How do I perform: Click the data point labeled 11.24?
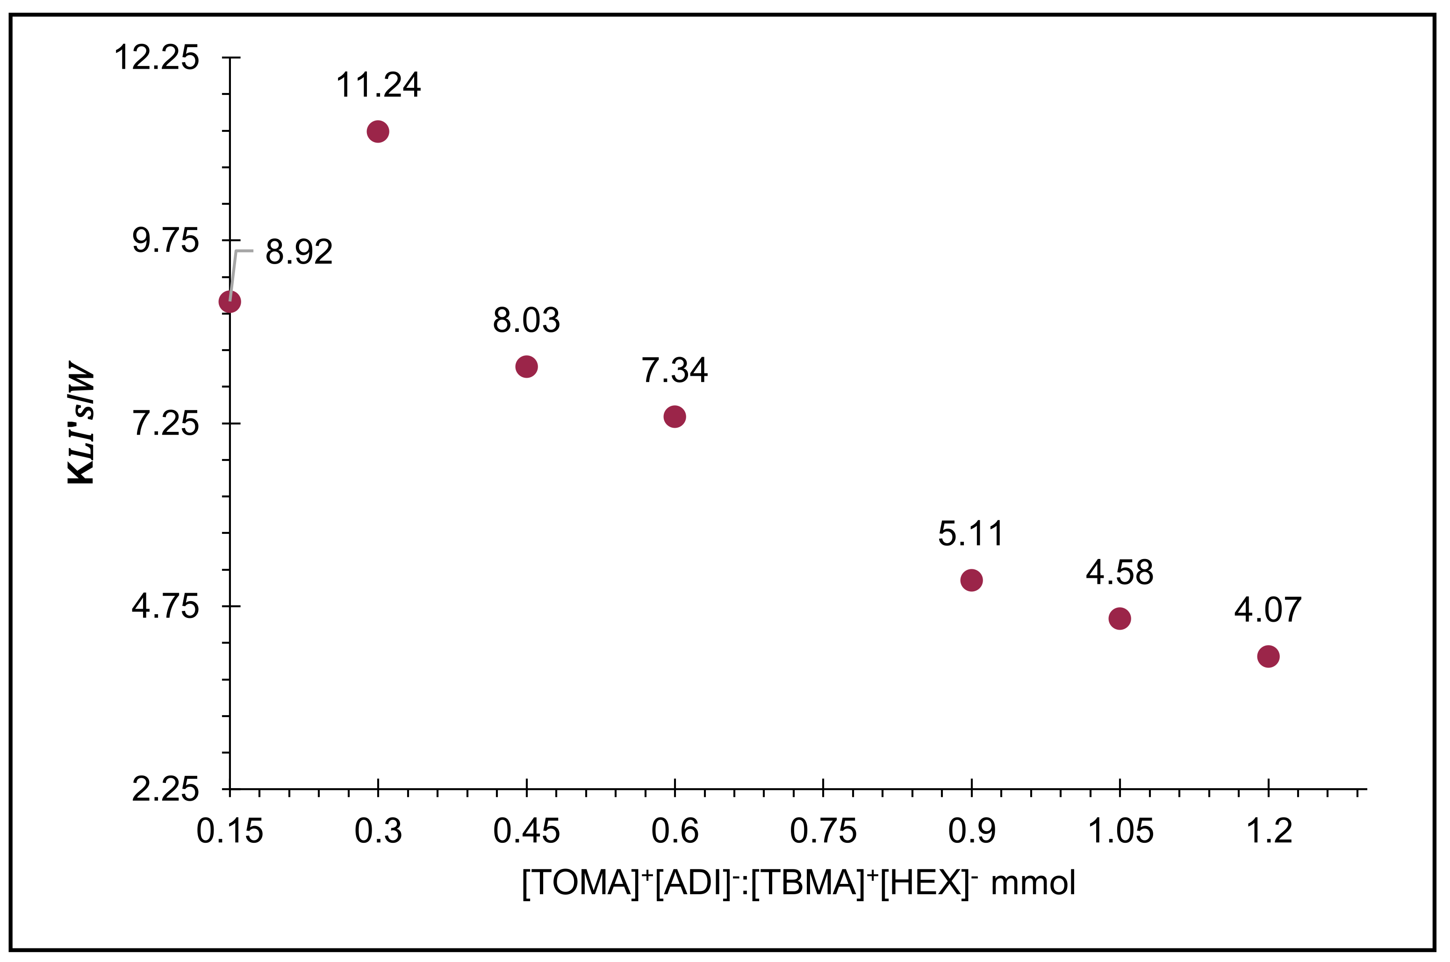pyautogui.click(x=378, y=131)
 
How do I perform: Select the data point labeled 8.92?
pyautogui.click(x=230, y=301)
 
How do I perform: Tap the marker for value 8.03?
pyautogui.click(x=526, y=366)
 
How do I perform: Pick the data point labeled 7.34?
pyautogui.click(x=674, y=416)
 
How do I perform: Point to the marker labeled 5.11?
pyautogui.click(x=971, y=580)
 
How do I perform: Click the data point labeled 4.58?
pyautogui.click(x=1120, y=618)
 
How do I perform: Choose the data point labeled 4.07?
pyautogui.click(x=1268, y=656)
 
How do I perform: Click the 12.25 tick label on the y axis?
pyautogui.click(x=157, y=58)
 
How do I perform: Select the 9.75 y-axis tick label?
pyautogui.click(x=165, y=240)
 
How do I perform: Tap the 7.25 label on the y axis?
pyautogui.click(x=165, y=424)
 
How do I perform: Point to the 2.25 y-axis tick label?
pyautogui.click(x=165, y=789)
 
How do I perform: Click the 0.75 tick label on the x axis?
pyautogui.click(x=823, y=832)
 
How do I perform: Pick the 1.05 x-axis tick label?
pyautogui.click(x=1120, y=832)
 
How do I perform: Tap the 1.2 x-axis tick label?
pyautogui.click(x=1269, y=832)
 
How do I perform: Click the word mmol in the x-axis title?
pyautogui.click(x=1033, y=883)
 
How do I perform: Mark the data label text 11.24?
pyautogui.click(x=378, y=85)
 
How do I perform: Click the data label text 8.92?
pyautogui.click(x=299, y=252)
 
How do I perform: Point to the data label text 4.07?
pyautogui.click(x=1267, y=610)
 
